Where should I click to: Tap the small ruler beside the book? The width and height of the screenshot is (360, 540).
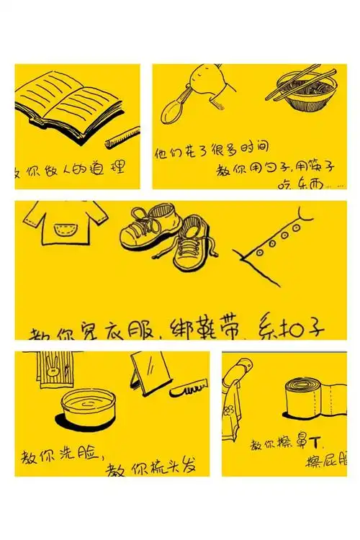coord(122,137)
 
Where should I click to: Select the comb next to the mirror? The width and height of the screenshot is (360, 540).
coord(188,390)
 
